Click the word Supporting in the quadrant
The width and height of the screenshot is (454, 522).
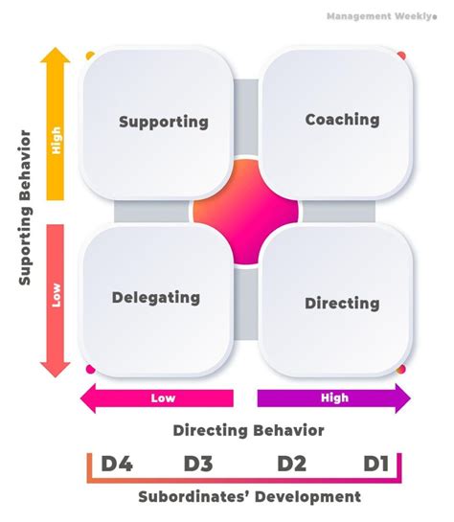point(163,122)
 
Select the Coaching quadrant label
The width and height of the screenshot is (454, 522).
point(342,120)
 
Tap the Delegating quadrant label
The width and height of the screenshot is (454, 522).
point(156,297)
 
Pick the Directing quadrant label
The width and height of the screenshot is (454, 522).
point(342,303)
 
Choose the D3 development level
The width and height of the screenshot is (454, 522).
point(197,465)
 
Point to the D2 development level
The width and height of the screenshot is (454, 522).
point(291,465)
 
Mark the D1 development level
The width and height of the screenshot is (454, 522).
point(375,465)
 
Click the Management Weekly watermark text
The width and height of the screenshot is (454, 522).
point(383,16)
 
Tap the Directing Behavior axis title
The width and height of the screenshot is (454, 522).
point(248,430)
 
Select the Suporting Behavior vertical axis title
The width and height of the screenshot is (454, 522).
point(26,209)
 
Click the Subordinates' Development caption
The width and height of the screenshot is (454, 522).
point(249,496)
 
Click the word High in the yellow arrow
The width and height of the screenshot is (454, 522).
point(56,144)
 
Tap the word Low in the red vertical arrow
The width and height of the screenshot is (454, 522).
point(56,297)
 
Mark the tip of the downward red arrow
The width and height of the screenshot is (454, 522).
point(56,374)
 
